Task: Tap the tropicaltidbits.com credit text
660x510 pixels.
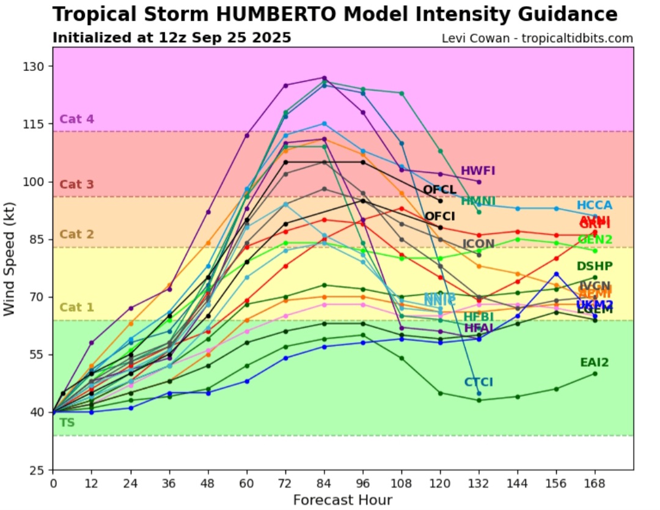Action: click(x=537, y=39)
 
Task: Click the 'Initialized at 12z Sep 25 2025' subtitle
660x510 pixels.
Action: click(x=172, y=38)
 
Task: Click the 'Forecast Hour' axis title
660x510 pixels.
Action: click(x=342, y=500)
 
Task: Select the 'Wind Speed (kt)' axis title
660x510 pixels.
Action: click(x=9, y=269)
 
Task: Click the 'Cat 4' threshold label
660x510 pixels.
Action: click(x=76, y=119)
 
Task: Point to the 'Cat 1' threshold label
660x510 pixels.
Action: click(x=76, y=307)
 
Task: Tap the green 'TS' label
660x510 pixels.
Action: click(x=67, y=423)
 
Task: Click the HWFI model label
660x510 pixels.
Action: click(x=478, y=171)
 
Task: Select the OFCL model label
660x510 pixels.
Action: click(x=439, y=190)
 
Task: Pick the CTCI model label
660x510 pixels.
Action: click(x=478, y=382)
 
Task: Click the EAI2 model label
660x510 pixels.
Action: click(x=594, y=363)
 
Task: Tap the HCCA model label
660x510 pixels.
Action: click(x=594, y=205)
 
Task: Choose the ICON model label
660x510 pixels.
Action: click(x=478, y=244)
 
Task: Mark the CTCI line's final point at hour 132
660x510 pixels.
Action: click(x=479, y=393)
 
